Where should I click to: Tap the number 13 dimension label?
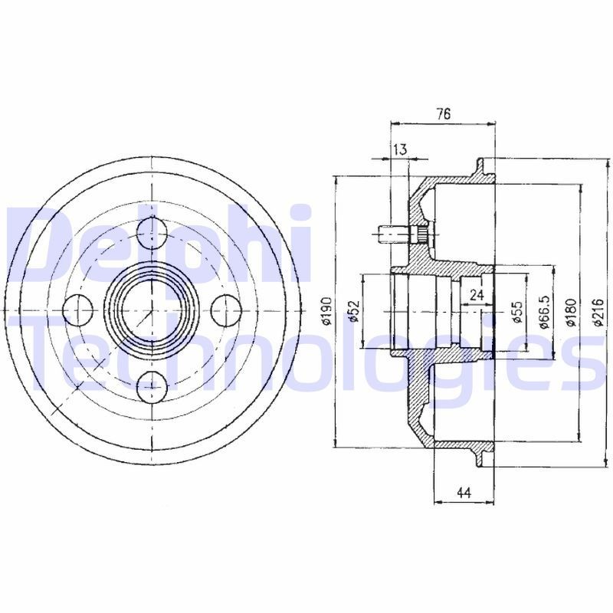399,149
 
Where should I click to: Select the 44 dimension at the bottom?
463,493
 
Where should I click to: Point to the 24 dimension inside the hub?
477,293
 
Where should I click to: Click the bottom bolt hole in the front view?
151,387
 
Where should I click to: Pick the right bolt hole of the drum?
228,309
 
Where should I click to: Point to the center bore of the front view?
151,309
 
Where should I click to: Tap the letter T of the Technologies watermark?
54,352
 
